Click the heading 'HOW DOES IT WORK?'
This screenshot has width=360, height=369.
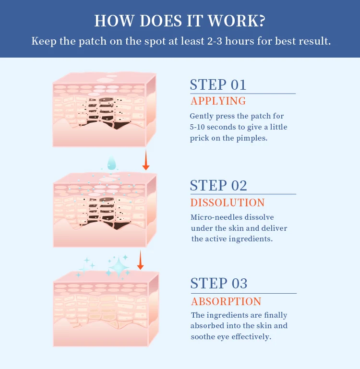click(180, 21)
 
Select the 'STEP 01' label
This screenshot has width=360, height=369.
click(218, 84)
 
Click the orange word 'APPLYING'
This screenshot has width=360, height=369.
click(218, 101)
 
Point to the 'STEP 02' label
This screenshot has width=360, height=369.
click(218, 186)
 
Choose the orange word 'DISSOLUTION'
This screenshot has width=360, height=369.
click(228, 202)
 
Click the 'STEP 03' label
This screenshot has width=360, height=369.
click(219, 284)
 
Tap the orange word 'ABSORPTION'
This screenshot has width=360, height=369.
click(226, 302)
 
